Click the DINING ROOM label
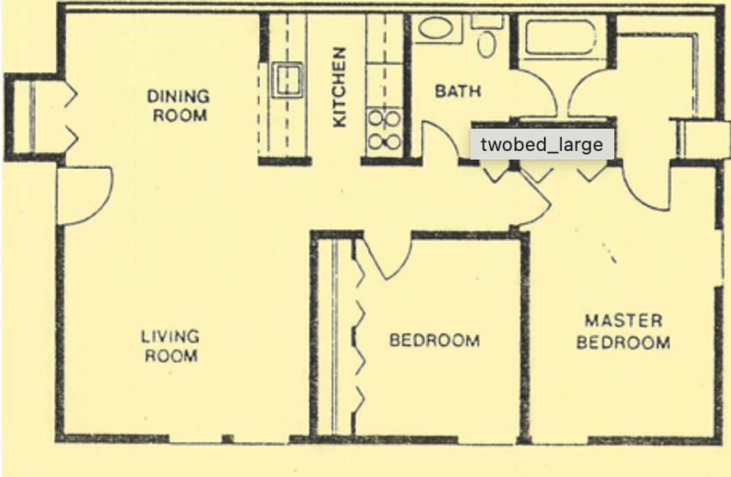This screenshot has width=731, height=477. point(178,106)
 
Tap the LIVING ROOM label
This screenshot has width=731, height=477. point(170,346)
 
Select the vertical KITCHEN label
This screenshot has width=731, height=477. point(340,87)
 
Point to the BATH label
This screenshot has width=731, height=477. point(458,91)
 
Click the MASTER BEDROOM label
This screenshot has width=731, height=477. point(623,331)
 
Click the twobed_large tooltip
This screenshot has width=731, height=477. point(541,144)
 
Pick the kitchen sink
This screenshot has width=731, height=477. point(287,80)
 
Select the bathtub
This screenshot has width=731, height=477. point(561,38)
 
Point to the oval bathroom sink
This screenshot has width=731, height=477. point(436,28)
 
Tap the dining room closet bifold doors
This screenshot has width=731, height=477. point(71,117)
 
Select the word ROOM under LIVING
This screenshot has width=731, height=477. point(171,356)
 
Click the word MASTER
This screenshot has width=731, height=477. point(624,321)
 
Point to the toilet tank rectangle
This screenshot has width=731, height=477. point(487,21)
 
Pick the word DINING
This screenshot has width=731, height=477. point(178,97)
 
